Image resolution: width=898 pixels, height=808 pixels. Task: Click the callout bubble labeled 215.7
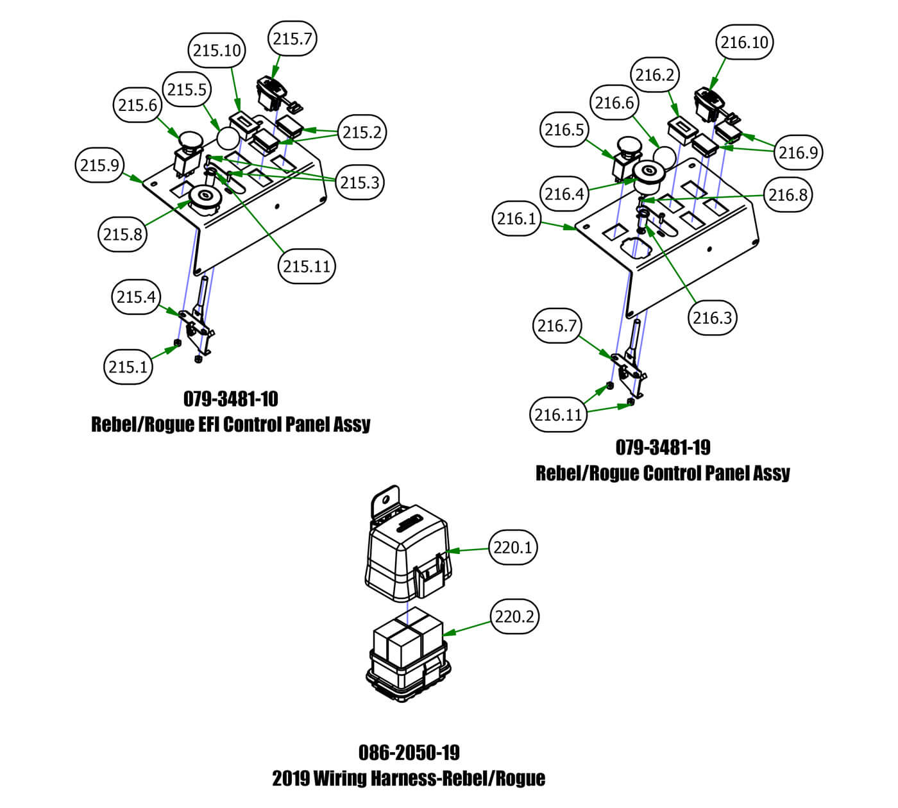(x=292, y=39)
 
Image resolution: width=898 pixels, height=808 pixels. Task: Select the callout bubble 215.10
(x=217, y=51)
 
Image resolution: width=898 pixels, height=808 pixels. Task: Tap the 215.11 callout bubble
(x=307, y=265)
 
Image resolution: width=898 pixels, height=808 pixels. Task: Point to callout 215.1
(x=128, y=367)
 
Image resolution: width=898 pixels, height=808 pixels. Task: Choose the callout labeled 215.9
(x=100, y=165)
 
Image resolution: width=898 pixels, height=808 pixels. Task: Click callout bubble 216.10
(x=744, y=42)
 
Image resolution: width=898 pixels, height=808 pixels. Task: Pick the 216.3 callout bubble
(x=712, y=317)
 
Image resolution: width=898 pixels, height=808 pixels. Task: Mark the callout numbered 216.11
(x=558, y=415)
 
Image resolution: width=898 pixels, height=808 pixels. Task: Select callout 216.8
(x=788, y=194)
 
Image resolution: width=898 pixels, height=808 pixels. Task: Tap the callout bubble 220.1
(x=513, y=548)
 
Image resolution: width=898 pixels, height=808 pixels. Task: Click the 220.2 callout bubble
(x=514, y=616)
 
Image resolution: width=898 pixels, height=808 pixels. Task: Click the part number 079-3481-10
(x=231, y=399)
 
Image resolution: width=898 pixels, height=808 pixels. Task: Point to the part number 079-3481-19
(x=663, y=447)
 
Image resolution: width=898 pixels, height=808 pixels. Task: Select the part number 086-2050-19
(x=409, y=752)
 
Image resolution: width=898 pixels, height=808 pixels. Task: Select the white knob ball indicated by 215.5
(x=228, y=137)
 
